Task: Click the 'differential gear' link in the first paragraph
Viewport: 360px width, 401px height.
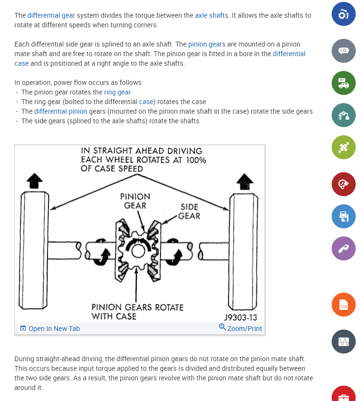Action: point(51,15)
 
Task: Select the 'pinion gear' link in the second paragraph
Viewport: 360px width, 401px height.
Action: point(204,44)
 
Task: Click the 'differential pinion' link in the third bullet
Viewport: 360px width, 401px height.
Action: point(60,111)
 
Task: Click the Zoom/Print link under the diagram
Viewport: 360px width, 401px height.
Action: point(240,329)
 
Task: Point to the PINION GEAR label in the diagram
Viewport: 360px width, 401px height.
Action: point(135,201)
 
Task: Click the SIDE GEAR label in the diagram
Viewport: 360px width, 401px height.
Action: point(189,212)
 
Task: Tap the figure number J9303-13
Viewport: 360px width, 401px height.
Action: point(241,318)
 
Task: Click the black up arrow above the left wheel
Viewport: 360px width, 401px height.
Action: point(34,181)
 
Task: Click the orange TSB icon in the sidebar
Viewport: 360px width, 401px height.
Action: point(344,305)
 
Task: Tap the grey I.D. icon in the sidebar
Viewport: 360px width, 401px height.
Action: point(344,50)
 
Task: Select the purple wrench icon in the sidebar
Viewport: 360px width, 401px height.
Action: point(344,248)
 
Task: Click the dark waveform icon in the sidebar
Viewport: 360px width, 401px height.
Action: point(344,342)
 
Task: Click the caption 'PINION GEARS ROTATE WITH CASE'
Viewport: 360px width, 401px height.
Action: point(137,312)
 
